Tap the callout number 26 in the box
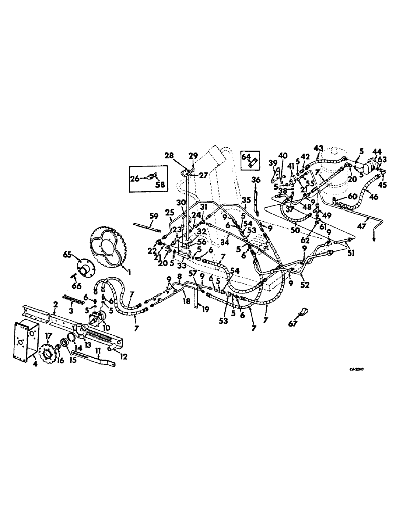point(135,178)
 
